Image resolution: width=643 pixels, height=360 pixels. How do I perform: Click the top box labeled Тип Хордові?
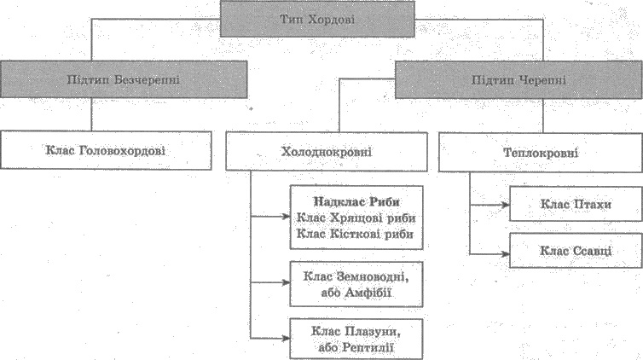pyautogui.click(x=317, y=20)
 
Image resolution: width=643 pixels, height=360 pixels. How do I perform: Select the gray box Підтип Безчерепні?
pyautogui.click(x=124, y=79)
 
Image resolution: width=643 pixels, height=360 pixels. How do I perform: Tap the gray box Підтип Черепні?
pyautogui.click(x=518, y=80)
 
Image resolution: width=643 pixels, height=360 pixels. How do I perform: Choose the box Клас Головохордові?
pyautogui.click(x=106, y=150)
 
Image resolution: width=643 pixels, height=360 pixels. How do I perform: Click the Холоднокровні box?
pyautogui.click(x=327, y=152)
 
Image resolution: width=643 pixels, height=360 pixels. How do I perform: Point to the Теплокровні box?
pyautogui.click(x=541, y=153)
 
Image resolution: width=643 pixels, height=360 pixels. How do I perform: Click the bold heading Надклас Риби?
pyautogui.click(x=356, y=201)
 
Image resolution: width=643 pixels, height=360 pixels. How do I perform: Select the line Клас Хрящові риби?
pyautogui.click(x=356, y=218)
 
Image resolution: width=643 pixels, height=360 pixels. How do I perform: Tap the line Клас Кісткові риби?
pyautogui.click(x=355, y=234)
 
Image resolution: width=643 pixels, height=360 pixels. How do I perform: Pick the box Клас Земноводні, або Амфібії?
pyautogui.click(x=356, y=284)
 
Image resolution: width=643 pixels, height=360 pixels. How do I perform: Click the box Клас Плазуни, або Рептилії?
pyautogui.click(x=356, y=340)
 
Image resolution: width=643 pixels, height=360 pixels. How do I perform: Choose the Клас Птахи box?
pyautogui.click(x=576, y=204)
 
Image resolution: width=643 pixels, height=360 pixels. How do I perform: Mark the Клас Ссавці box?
pyautogui.click(x=576, y=251)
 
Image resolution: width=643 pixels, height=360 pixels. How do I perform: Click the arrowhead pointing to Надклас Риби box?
pyautogui.click(x=286, y=216)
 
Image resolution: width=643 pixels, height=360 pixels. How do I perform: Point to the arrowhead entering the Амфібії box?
pyautogui.click(x=286, y=282)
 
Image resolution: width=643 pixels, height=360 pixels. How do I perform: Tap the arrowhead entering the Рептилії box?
pyautogui.click(x=286, y=339)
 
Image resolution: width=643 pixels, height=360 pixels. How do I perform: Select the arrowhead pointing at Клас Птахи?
pyautogui.click(x=505, y=205)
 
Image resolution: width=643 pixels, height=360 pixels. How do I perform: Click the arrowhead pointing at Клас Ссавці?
pyautogui.click(x=505, y=254)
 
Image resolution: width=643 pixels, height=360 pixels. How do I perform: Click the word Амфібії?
pyautogui.click(x=368, y=293)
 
